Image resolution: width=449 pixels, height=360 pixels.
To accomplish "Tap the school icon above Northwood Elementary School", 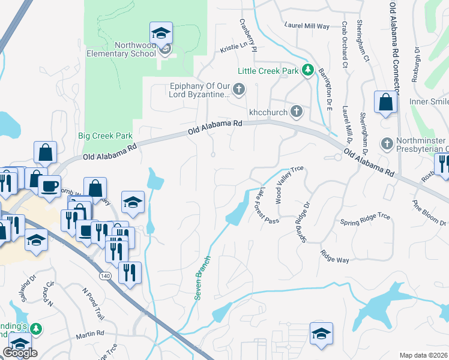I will click(x=161, y=33).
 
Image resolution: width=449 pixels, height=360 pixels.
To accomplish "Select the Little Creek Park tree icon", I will click(x=308, y=71).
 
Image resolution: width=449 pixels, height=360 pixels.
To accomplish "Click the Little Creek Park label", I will click(x=268, y=71).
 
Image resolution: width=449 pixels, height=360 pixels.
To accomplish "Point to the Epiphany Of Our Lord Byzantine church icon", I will click(x=239, y=91).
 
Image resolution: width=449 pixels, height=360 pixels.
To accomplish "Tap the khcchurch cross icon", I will click(x=296, y=111).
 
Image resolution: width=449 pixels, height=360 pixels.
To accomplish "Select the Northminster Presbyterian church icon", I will click(x=387, y=144).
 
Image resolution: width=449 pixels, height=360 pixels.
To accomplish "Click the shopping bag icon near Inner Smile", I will click(x=385, y=103).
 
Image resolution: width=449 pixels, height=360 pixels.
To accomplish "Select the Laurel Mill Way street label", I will click(x=307, y=26).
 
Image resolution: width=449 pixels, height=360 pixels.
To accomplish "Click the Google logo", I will click(x=20, y=353).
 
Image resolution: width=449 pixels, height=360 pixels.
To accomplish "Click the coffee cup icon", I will click(x=49, y=185).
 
